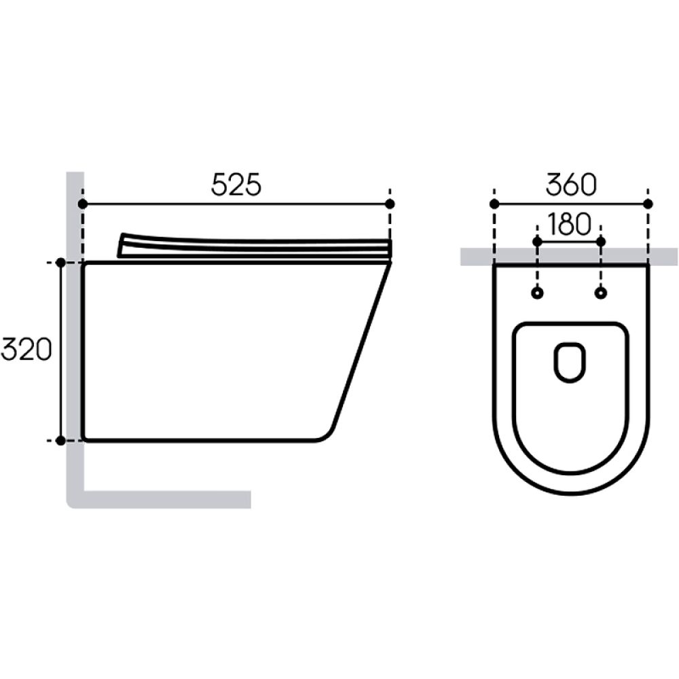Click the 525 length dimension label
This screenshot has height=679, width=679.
pos(236,185)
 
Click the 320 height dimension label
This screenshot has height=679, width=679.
pos(27,350)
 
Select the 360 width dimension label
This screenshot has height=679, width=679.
pos(571,185)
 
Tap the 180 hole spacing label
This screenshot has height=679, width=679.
pos(569,224)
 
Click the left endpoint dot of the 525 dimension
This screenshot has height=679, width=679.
pos(83,204)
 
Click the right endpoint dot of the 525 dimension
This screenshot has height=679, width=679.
pos(390,204)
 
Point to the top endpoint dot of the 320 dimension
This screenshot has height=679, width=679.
pos(61,262)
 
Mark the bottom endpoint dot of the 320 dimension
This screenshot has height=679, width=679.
pos(61,441)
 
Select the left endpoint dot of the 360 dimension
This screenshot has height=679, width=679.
pos(494,204)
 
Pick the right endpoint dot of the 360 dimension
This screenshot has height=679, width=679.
pos(648,204)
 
